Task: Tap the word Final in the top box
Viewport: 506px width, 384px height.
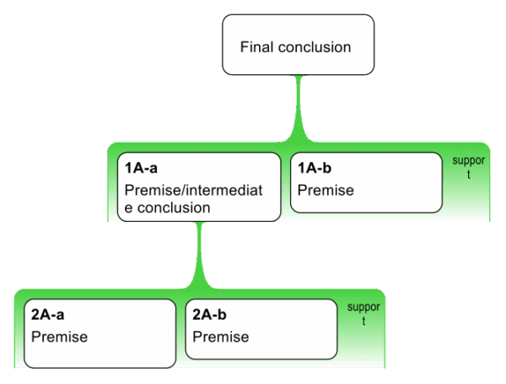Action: point(256,47)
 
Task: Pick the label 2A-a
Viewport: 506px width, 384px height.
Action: point(48,316)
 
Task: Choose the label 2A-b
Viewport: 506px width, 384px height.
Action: point(210,316)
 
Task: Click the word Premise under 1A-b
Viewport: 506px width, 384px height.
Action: point(326,190)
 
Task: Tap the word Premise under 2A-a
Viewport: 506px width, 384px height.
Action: point(59,337)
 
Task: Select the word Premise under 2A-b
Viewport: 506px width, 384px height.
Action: point(221,337)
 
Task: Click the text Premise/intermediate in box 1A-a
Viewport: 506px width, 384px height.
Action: point(193,190)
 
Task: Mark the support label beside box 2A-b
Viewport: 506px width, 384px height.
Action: point(363,313)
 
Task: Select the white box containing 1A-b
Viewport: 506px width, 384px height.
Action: point(365,182)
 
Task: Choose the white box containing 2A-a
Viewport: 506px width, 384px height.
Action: point(100,333)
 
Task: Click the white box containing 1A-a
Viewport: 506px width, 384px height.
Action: point(199,187)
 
